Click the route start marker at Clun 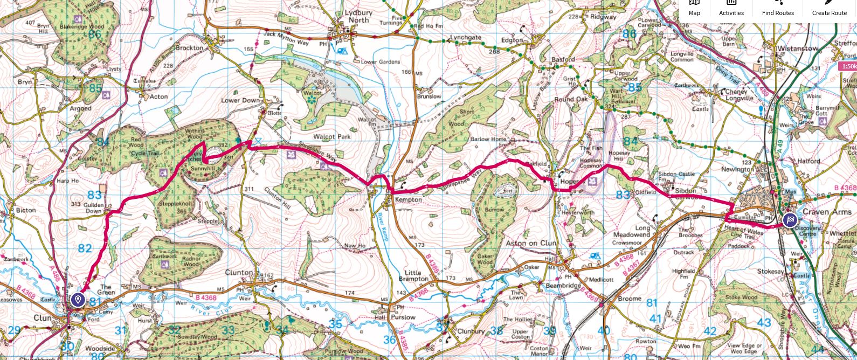click(x=79, y=299)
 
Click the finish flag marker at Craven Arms click(x=790, y=219)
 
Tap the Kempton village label click(x=409, y=200)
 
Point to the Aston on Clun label click(x=531, y=243)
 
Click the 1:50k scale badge click(x=847, y=66)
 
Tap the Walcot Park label click(x=333, y=137)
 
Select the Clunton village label click(x=239, y=273)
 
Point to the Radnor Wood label click(x=191, y=261)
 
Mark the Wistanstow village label click(x=797, y=49)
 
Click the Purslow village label click(x=403, y=317)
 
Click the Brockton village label click(x=189, y=47)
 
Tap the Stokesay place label click(x=770, y=272)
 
